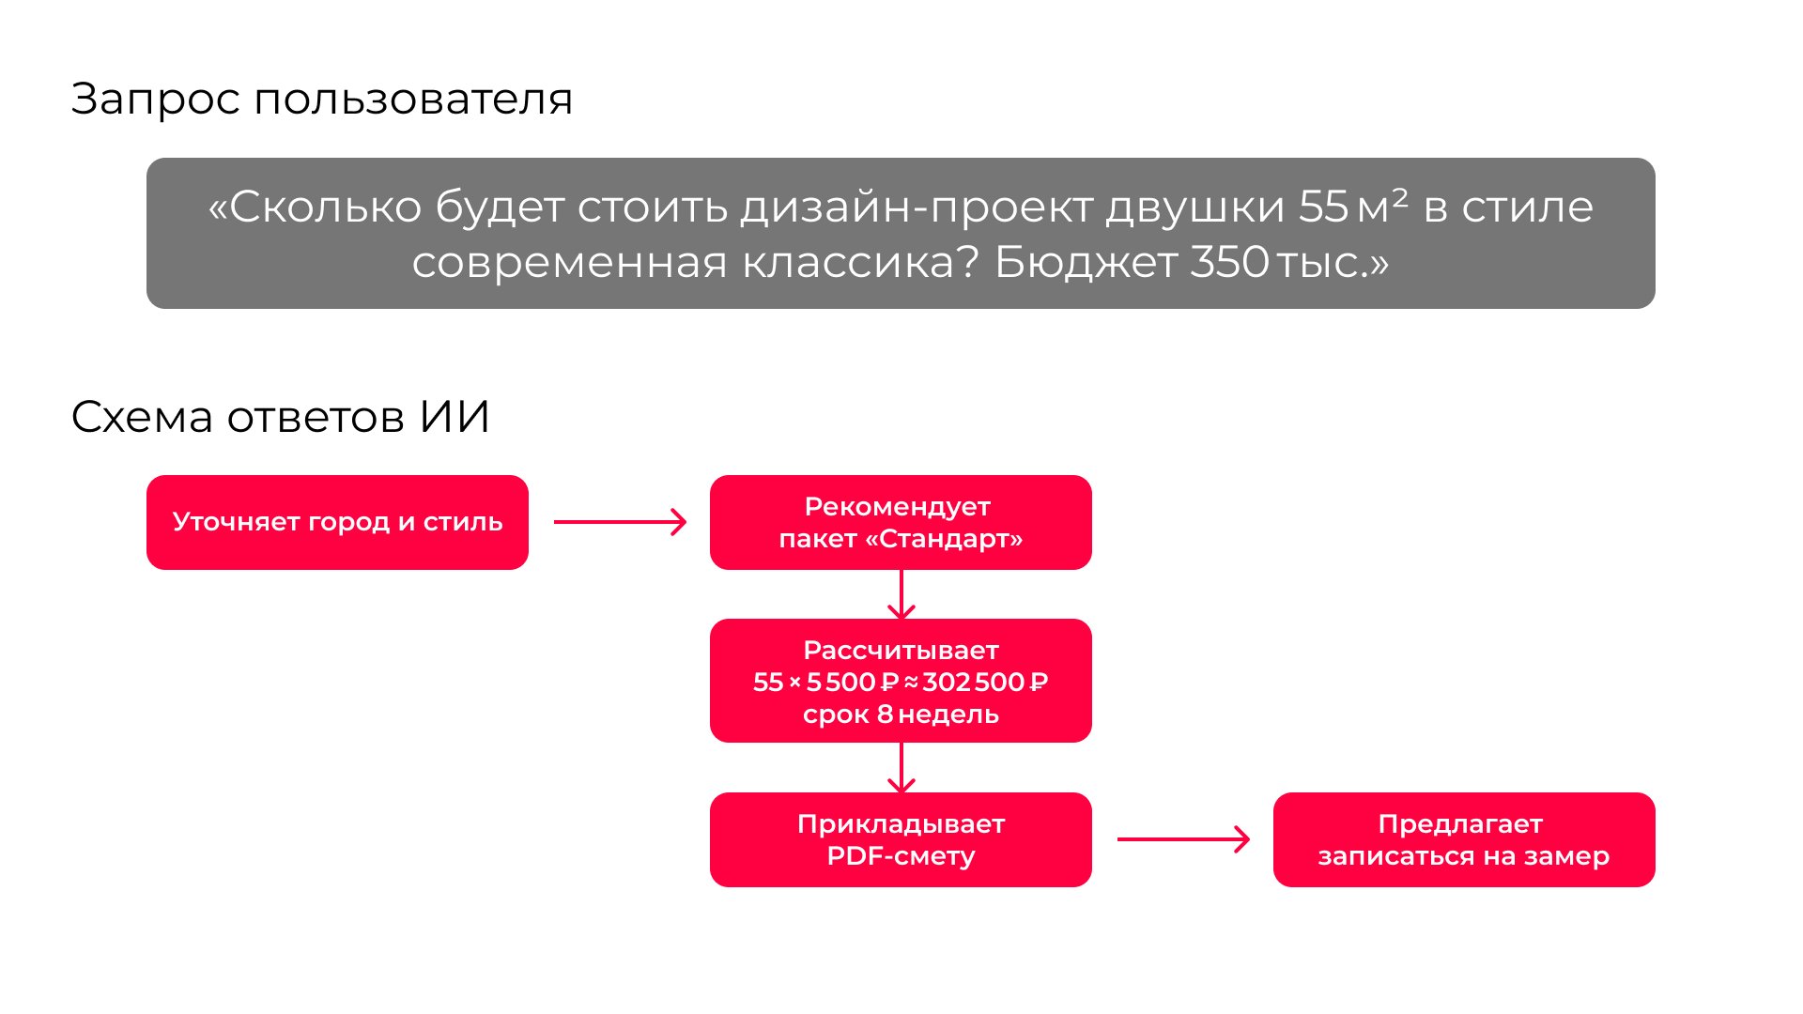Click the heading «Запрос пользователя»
(321, 99)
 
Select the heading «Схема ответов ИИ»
(280, 417)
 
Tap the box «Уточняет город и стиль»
(337, 522)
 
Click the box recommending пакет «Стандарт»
(901, 522)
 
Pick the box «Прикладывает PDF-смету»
(901, 839)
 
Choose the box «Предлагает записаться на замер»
(1463, 839)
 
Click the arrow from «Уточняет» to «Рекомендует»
(620, 522)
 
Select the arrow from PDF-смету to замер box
(1183, 839)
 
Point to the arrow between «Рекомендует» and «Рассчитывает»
(901, 594)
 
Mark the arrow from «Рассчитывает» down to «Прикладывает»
(901, 768)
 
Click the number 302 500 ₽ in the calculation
(985, 683)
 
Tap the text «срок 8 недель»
(901, 714)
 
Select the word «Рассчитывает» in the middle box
(901, 650)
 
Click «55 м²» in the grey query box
(1353, 207)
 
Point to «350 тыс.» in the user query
(1289, 262)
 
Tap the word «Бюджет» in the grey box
(1086, 262)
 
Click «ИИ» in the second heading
(455, 417)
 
